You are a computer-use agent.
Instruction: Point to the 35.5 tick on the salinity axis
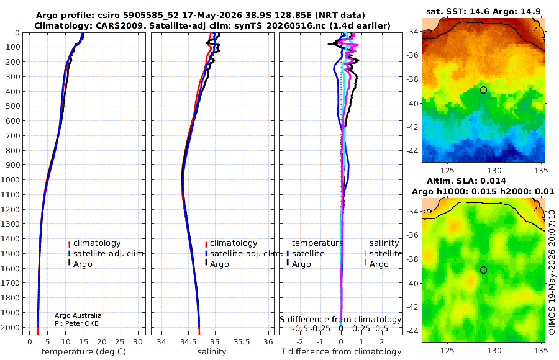click(x=242, y=342)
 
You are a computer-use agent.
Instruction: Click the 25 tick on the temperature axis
click(x=120, y=342)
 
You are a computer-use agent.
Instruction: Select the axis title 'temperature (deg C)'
click(x=84, y=352)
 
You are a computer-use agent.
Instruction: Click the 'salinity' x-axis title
click(x=212, y=352)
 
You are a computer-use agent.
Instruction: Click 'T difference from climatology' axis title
click(x=341, y=352)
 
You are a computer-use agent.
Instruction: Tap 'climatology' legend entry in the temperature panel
click(x=97, y=243)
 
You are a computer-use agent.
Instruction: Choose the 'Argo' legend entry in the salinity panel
click(x=219, y=264)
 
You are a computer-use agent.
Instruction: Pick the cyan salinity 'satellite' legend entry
click(x=386, y=253)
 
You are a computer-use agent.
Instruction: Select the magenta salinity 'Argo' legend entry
click(x=379, y=264)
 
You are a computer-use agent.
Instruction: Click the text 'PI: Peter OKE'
click(x=76, y=323)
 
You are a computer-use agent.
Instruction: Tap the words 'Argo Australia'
click(x=78, y=315)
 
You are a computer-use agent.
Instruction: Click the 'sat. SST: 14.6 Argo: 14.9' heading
click(x=483, y=11)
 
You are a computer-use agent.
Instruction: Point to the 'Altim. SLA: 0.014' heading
click(x=466, y=181)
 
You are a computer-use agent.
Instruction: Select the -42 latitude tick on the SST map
click(x=412, y=127)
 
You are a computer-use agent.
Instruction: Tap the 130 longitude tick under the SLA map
click(x=494, y=350)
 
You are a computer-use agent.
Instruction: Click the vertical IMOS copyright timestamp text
click(x=552, y=272)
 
